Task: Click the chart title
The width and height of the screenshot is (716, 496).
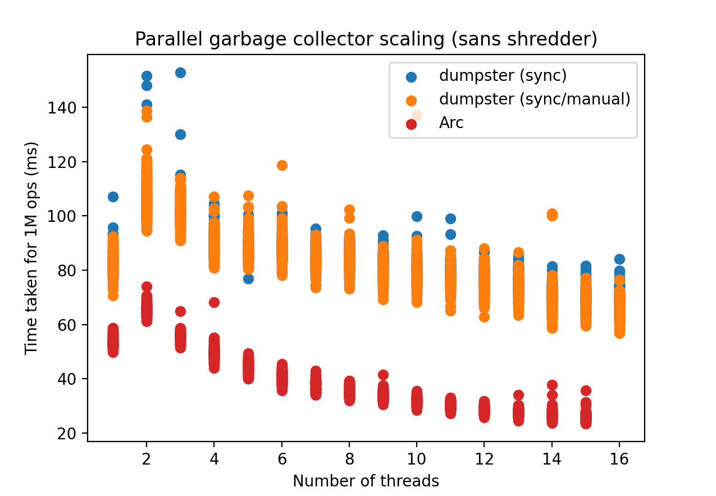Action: click(x=366, y=39)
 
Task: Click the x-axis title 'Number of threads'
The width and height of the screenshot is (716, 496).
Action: click(x=366, y=481)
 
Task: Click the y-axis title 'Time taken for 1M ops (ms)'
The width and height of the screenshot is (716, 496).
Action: click(x=31, y=248)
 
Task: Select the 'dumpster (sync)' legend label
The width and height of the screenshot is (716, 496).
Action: click(x=503, y=76)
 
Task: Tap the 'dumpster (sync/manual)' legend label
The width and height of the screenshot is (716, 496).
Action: click(x=535, y=99)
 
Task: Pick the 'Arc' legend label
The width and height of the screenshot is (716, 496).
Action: click(x=451, y=122)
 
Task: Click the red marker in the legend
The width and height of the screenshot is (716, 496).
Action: click(x=412, y=124)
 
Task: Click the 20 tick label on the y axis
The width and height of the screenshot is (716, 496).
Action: click(x=67, y=434)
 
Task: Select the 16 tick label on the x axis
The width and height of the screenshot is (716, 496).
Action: click(x=619, y=459)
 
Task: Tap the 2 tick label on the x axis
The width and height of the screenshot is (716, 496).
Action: click(x=147, y=459)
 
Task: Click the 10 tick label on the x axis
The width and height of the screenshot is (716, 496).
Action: click(x=417, y=459)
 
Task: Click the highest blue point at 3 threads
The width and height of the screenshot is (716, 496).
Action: click(x=181, y=73)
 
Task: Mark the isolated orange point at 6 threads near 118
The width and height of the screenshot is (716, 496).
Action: click(x=282, y=165)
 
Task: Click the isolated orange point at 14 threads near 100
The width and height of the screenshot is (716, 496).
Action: click(x=552, y=215)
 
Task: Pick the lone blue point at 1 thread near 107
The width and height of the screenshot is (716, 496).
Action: click(x=113, y=197)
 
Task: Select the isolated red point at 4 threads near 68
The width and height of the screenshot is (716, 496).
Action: click(x=214, y=302)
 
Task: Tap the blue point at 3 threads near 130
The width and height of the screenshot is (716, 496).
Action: click(x=181, y=135)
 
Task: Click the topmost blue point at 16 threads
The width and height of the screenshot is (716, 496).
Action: click(x=619, y=259)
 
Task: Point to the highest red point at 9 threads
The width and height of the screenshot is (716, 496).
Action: click(x=383, y=375)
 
